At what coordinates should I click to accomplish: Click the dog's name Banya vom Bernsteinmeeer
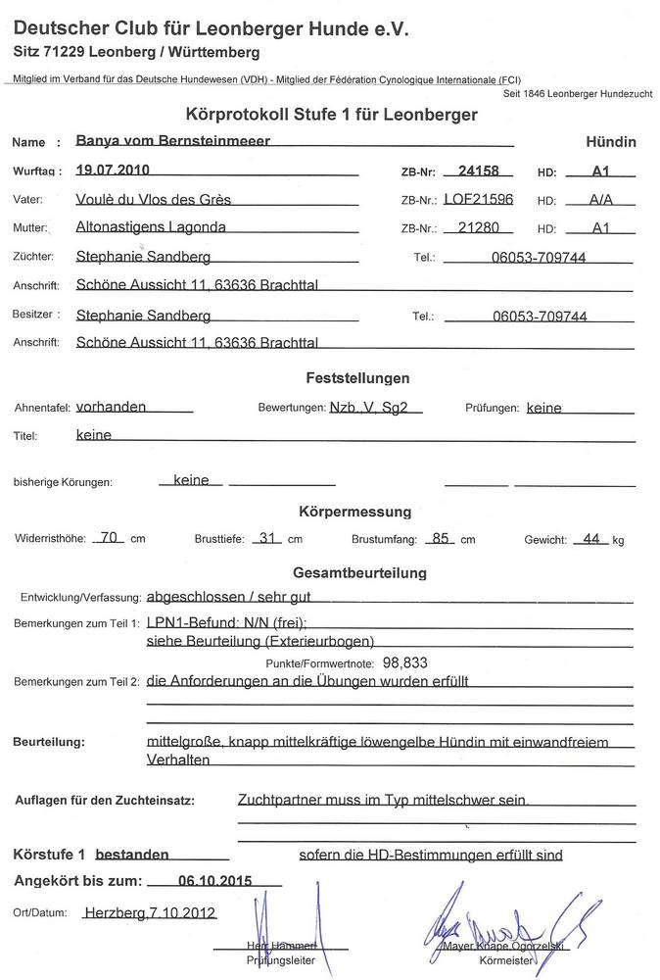[x=172, y=141]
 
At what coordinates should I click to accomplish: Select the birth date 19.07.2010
[x=113, y=170]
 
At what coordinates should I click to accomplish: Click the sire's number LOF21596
[x=478, y=199]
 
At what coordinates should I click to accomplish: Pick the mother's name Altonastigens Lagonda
[x=151, y=227]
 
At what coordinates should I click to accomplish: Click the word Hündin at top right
[x=610, y=142]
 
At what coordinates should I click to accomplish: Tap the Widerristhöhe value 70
[x=110, y=537]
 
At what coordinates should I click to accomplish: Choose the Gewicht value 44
[x=590, y=537]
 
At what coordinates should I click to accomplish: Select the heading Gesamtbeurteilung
[x=359, y=572]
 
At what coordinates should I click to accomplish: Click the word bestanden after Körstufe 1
[x=138, y=855]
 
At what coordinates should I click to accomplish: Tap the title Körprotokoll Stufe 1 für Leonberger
[x=331, y=115]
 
